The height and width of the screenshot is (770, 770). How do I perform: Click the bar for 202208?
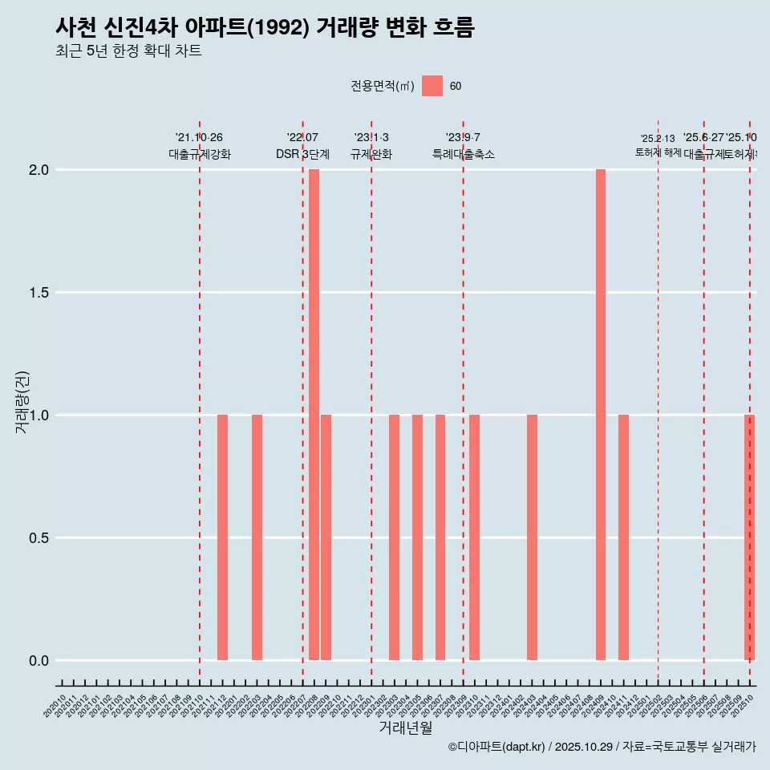[314, 415]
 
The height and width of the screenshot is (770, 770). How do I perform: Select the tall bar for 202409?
[601, 415]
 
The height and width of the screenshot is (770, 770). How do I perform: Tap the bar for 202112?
[222, 537]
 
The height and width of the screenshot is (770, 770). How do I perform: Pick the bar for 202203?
[257, 537]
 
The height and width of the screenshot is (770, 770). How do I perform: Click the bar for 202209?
[326, 537]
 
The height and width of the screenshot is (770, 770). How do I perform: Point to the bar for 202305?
[417, 537]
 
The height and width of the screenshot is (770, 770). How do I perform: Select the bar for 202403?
[532, 537]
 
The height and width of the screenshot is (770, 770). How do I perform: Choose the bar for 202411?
[623, 537]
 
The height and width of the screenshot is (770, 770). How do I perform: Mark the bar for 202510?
[749, 537]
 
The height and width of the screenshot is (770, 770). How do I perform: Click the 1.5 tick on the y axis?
[38, 293]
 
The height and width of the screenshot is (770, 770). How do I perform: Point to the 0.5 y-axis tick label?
[38, 538]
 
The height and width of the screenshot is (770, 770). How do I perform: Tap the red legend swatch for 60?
[432, 86]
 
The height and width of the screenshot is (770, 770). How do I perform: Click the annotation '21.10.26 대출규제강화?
[200, 146]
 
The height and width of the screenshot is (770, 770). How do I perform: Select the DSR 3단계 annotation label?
[302, 154]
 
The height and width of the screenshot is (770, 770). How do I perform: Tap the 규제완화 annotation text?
[371, 154]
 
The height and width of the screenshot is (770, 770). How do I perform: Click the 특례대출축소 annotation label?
[464, 154]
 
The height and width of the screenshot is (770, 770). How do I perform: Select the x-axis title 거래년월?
[405, 727]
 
